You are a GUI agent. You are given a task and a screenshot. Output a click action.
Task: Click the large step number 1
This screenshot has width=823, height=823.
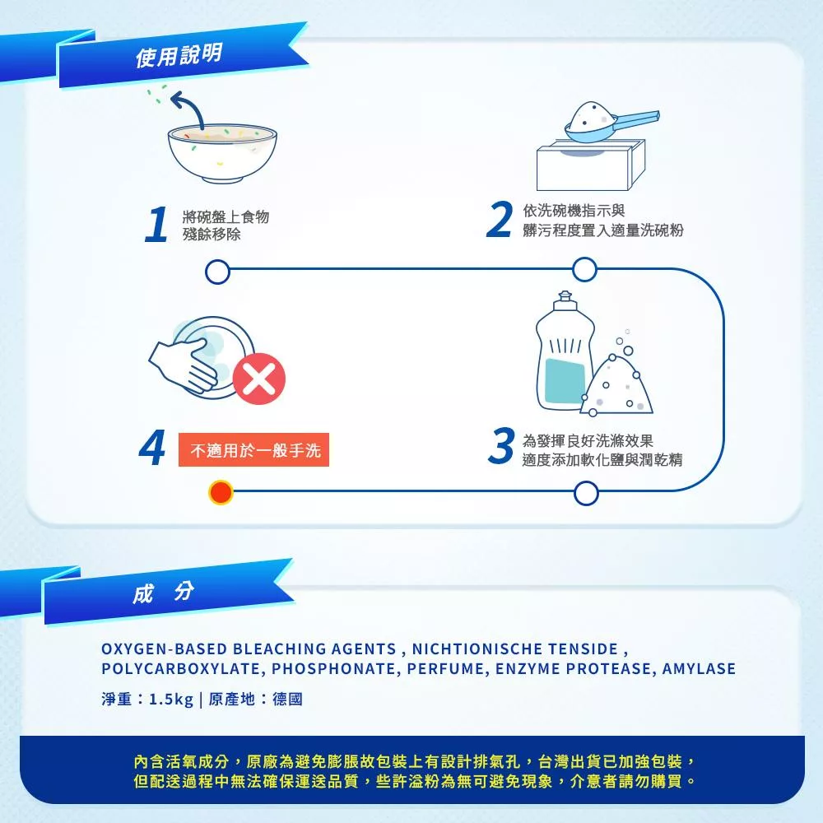click(x=156, y=224)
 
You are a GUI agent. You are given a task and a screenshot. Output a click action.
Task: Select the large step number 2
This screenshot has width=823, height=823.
click(x=500, y=219)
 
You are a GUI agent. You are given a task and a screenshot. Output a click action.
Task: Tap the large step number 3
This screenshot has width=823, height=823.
click(x=501, y=445)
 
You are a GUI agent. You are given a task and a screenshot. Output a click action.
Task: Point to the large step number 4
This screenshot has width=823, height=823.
click(x=153, y=447)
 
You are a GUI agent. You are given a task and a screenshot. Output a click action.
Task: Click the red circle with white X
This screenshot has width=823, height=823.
click(x=258, y=379)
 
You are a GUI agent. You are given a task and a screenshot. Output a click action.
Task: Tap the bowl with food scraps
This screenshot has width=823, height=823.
click(x=222, y=153)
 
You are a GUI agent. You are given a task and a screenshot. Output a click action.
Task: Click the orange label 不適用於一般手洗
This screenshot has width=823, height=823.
click(x=254, y=450)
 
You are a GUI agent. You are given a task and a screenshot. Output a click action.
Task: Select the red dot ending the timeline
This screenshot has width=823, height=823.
click(x=221, y=493)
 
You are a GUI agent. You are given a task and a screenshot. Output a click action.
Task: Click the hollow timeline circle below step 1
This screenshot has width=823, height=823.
click(x=218, y=272)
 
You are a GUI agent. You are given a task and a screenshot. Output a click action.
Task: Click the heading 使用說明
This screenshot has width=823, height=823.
click(x=179, y=54)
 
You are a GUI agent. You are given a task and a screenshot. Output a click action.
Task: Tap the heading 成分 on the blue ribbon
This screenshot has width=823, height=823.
click(x=163, y=593)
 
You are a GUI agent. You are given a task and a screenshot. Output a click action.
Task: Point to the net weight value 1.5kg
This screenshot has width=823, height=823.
click(x=171, y=699)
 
